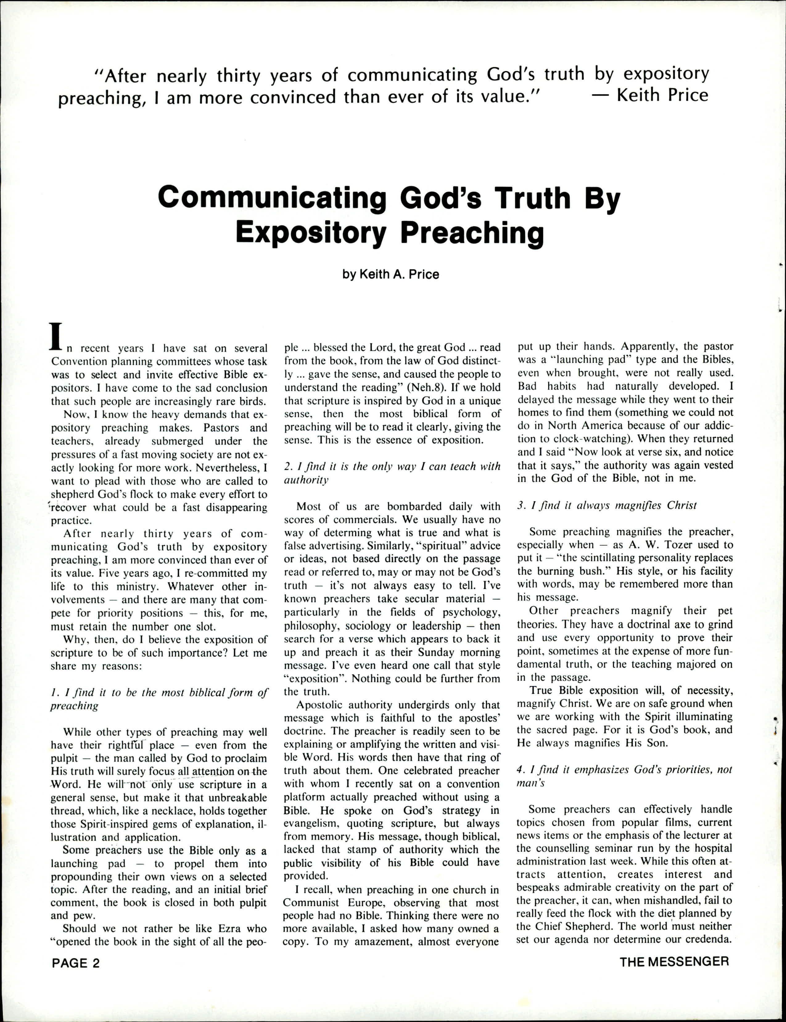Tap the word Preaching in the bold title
(472, 233)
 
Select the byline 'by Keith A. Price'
(391, 274)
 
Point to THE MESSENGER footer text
(674, 962)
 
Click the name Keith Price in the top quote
(662, 95)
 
